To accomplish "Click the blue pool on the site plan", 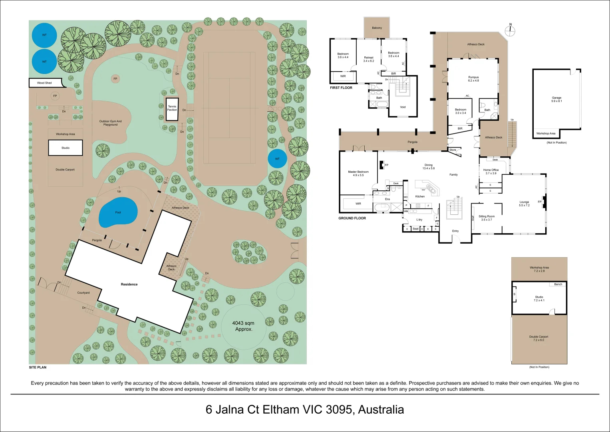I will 118,212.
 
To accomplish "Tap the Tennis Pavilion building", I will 172,109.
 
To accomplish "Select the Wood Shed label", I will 44,83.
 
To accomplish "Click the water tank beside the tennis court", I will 277,159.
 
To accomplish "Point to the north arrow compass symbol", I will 510,30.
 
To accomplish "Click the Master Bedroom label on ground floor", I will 358,174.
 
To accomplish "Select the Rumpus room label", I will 473,79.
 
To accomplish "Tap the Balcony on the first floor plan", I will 377,28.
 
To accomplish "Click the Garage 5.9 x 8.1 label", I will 556,99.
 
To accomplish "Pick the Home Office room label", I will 491,172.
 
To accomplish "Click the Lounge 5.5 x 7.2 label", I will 524,204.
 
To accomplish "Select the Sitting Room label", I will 487,218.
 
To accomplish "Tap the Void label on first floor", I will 403,107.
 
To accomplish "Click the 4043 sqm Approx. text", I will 243,326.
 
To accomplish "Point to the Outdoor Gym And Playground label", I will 110,123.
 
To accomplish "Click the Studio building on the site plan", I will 66,148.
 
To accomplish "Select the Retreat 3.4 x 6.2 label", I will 369,59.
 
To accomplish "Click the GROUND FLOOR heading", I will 352,218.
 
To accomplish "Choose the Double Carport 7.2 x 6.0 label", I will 539,338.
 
